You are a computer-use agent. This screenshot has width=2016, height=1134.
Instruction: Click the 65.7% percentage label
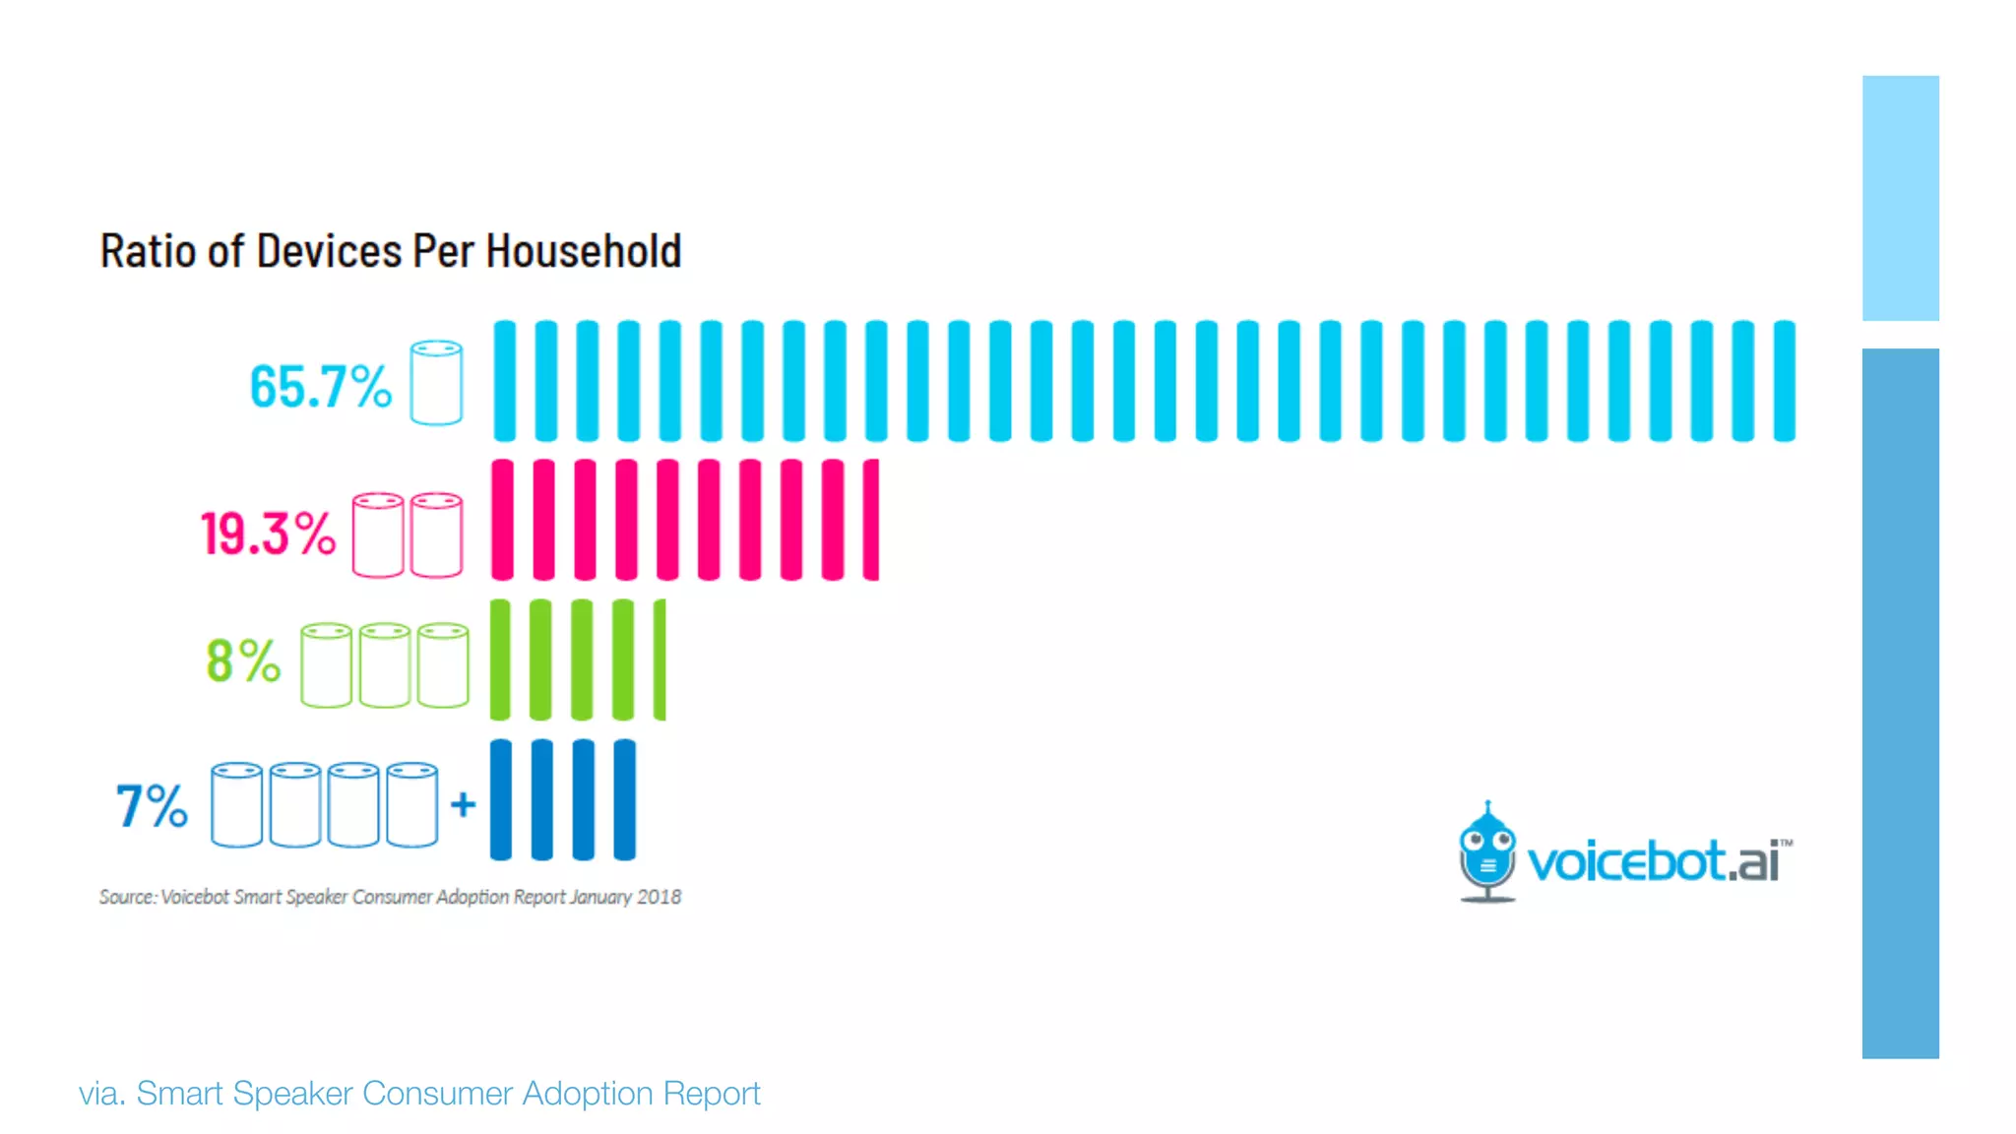(x=320, y=386)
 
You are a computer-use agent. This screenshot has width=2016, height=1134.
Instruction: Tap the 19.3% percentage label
(x=268, y=535)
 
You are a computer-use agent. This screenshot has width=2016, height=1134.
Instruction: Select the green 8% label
(x=243, y=661)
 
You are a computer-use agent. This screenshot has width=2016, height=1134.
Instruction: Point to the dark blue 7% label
(x=152, y=806)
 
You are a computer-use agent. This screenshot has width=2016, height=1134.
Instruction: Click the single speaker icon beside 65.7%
(x=436, y=382)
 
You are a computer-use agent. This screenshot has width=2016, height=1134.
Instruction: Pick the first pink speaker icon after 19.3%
(x=378, y=535)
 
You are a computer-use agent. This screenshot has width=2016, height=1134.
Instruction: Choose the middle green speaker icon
(x=384, y=664)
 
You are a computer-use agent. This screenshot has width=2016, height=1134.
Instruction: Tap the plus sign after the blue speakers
(x=463, y=804)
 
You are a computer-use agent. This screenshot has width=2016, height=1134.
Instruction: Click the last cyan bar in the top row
(x=1784, y=380)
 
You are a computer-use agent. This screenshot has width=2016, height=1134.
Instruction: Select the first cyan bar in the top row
(x=504, y=380)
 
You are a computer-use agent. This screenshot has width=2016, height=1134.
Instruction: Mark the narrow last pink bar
(x=871, y=519)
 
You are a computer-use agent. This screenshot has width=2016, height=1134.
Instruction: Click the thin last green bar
(x=660, y=660)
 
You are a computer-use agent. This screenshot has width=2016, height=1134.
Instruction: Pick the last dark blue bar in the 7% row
(x=624, y=799)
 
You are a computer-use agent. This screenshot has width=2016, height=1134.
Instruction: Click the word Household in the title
(x=583, y=251)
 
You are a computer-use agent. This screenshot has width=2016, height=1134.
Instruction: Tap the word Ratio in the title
(x=148, y=251)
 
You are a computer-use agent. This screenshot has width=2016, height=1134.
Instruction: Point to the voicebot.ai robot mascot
(x=1486, y=852)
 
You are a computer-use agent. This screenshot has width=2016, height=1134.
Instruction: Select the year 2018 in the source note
(x=659, y=897)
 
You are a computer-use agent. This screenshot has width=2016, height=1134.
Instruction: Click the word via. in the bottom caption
(x=101, y=1094)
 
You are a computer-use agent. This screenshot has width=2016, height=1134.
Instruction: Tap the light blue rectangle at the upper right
(x=1900, y=198)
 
